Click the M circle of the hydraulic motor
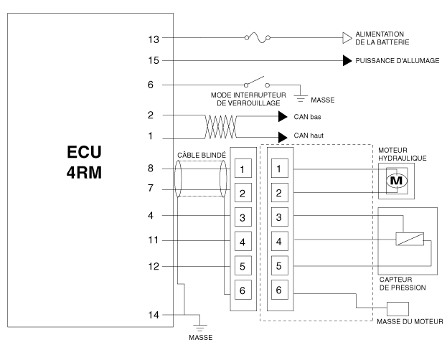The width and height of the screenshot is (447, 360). tap(395, 181)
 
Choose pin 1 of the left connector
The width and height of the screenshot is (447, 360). tap(243, 170)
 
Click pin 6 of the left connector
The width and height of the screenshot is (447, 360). tap(243, 290)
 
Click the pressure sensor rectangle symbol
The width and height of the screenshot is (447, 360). tap(410, 239)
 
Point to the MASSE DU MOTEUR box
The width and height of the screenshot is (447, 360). tap(397, 308)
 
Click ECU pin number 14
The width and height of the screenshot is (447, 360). tap(154, 314)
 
